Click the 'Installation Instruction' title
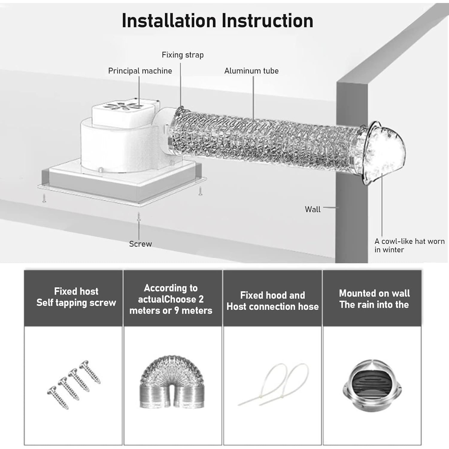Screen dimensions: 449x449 tap(217, 21)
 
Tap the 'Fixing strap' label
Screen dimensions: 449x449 tap(183, 55)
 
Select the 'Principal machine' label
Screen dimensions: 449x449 tap(140, 71)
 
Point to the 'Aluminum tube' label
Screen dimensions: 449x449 tap(251, 71)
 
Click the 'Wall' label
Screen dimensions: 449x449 tap(313, 209)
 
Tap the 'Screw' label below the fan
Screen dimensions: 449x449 tap(140, 244)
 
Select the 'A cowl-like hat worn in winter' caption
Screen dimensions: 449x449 tap(409, 245)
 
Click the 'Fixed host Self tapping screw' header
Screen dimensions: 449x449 tap(76, 297)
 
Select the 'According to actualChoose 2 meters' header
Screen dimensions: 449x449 tap(171, 299)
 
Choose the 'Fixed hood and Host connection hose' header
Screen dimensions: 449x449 tap(272, 301)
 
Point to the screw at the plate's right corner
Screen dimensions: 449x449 tap(200, 191)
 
